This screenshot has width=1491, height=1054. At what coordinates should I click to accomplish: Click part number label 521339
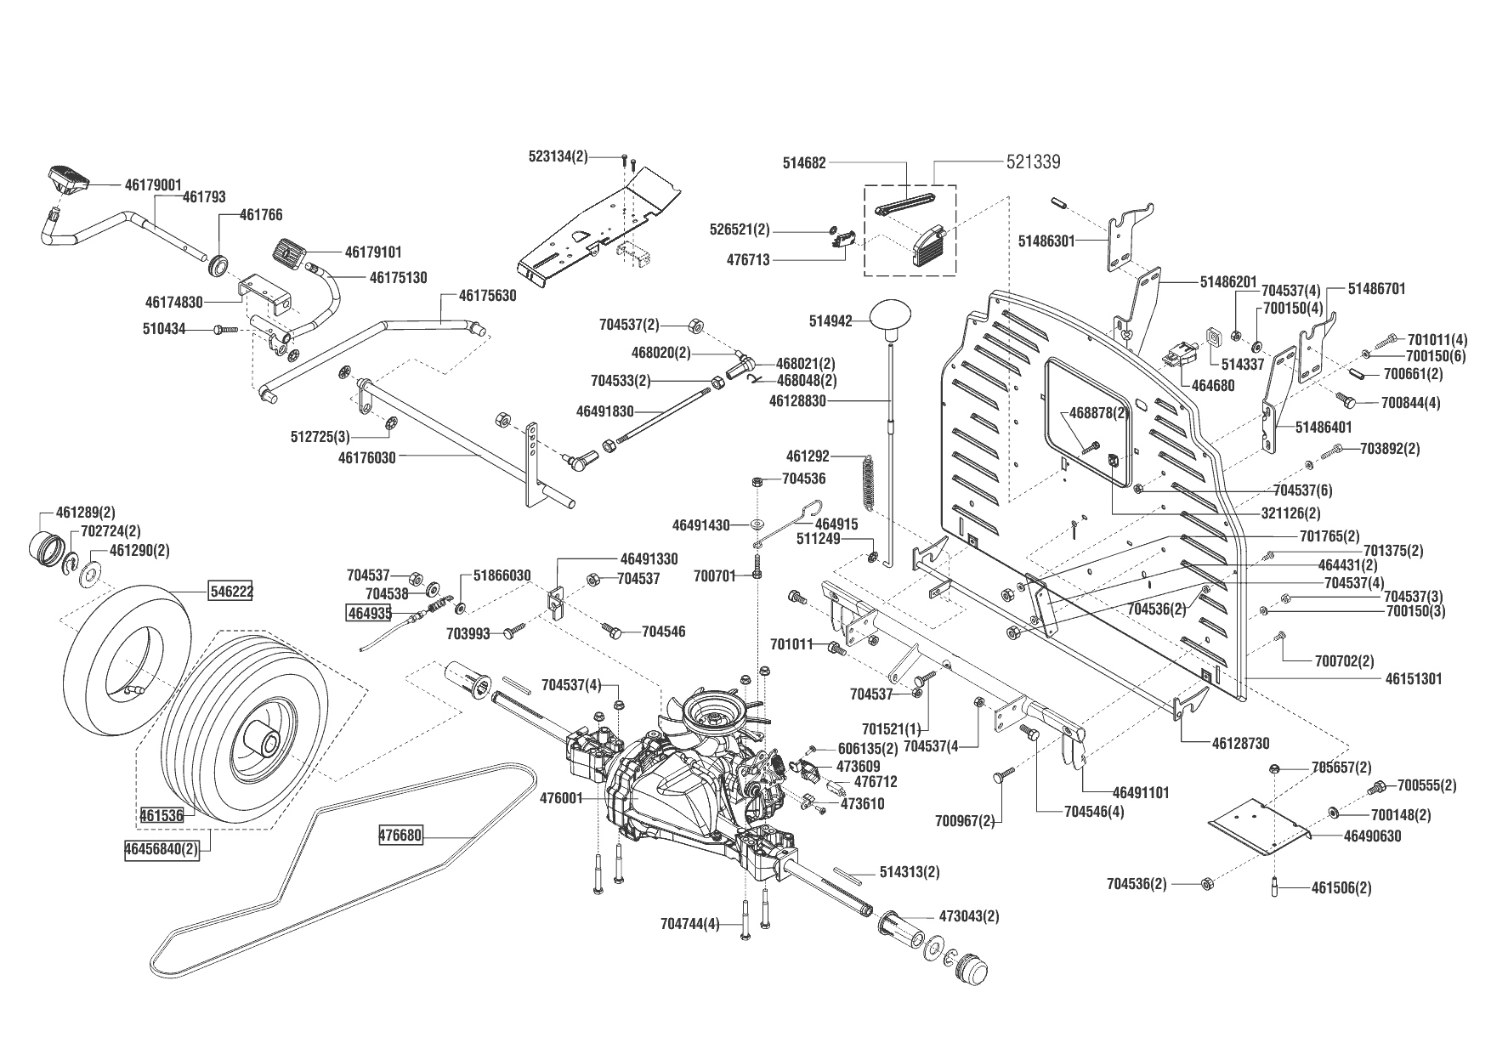(x=1033, y=161)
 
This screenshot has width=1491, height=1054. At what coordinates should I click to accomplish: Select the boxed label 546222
(x=232, y=590)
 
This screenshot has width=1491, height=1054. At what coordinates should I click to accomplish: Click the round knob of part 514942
(x=889, y=316)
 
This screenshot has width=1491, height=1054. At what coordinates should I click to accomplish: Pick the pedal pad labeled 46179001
(x=68, y=178)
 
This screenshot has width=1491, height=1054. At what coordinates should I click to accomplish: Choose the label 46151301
(x=1414, y=679)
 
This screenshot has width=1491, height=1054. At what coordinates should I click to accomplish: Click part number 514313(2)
(x=910, y=872)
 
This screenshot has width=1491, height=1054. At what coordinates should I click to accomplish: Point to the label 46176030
(x=367, y=456)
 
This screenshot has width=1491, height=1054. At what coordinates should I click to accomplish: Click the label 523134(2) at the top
(x=558, y=156)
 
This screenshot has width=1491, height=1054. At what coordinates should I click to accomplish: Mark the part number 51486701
(x=1377, y=289)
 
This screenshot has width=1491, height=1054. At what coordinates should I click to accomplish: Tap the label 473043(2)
(x=969, y=916)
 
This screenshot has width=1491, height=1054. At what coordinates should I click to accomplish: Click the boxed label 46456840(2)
(x=162, y=848)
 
